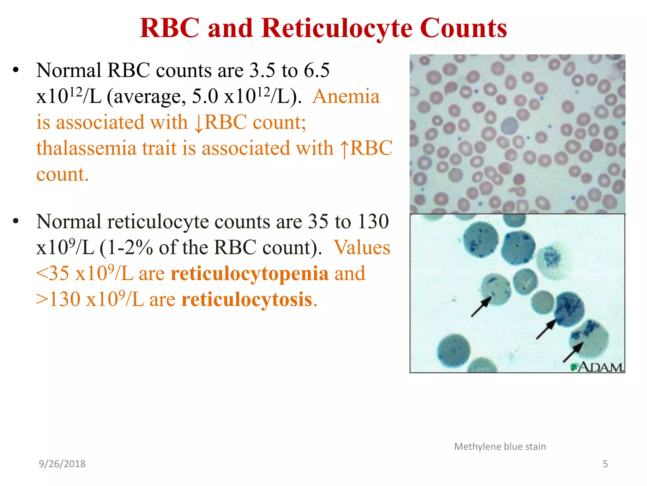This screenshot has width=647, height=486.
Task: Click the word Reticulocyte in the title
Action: click(337, 28)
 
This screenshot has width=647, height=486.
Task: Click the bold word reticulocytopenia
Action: click(250, 273)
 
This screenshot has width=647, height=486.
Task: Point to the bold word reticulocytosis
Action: click(247, 299)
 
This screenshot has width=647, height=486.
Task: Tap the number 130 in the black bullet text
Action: click(373, 221)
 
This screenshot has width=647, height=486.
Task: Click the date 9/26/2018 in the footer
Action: click(62, 464)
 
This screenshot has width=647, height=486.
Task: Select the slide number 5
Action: click(605, 464)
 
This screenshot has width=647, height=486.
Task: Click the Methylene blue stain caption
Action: click(500, 446)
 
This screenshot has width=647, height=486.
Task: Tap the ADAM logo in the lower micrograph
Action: click(597, 367)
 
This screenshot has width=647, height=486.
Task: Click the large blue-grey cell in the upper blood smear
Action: click(510, 126)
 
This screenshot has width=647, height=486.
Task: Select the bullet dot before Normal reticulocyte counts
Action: click(16, 221)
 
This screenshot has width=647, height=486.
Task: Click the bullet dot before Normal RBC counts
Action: click(16, 70)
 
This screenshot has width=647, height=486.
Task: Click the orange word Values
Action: click(362, 247)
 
